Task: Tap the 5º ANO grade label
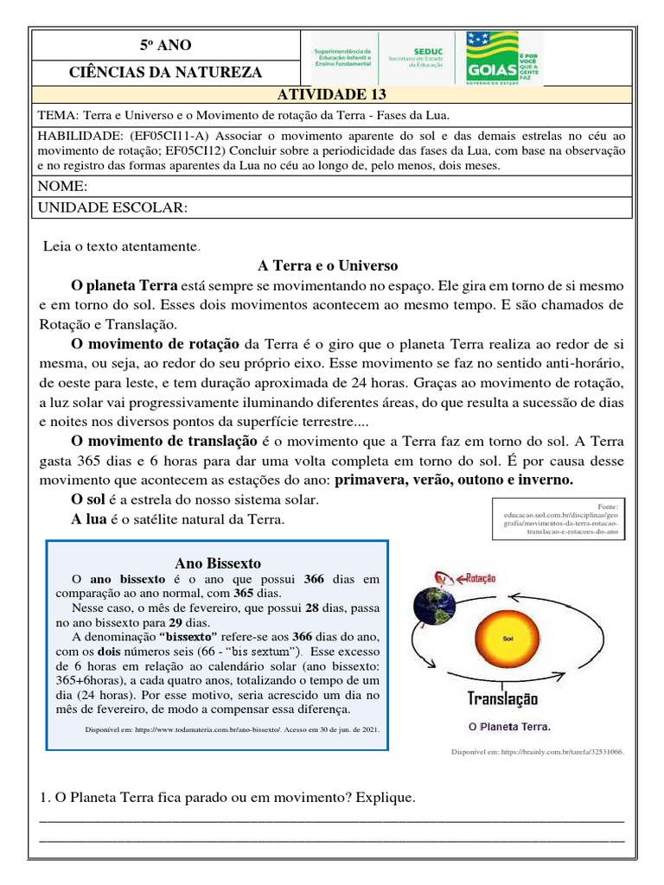(166, 45)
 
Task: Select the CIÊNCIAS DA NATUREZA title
(166, 72)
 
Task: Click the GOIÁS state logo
(503, 58)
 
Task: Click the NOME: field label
(62, 187)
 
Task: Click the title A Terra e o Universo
(328, 265)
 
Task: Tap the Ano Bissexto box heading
(218, 563)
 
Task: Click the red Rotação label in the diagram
(476, 577)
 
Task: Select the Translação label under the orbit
(502, 698)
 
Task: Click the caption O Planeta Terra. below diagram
(508, 726)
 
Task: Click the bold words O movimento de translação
(164, 441)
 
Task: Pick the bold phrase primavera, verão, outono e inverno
(454, 480)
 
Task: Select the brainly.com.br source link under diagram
(537, 752)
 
